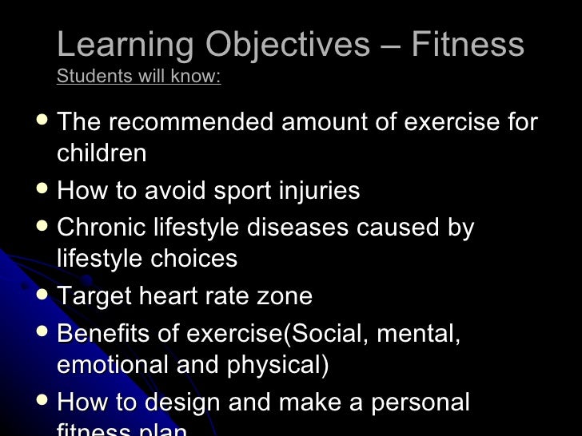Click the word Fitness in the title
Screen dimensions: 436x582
[x=468, y=45]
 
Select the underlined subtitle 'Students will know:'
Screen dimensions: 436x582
[x=138, y=77]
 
